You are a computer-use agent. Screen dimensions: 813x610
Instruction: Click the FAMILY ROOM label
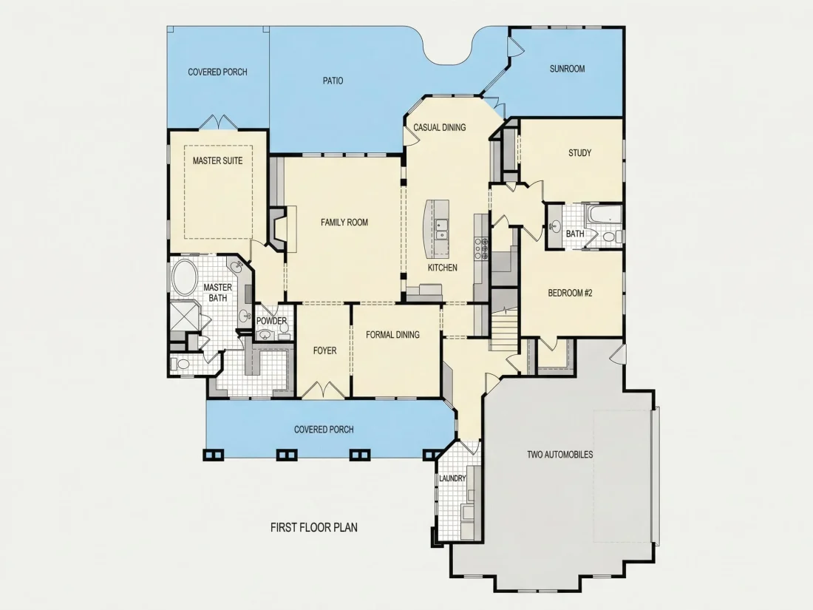pyautogui.click(x=344, y=223)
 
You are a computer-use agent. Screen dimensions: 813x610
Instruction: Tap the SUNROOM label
pyautogui.click(x=567, y=69)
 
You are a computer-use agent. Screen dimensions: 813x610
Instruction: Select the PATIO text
pyautogui.click(x=333, y=81)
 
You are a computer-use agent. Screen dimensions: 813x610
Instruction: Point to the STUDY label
pyautogui.click(x=579, y=153)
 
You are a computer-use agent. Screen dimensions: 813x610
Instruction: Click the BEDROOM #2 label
pyautogui.click(x=570, y=293)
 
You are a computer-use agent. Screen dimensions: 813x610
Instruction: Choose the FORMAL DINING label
pyautogui.click(x=392, y=335)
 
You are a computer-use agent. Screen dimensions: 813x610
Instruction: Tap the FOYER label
pyautogui.click(x=325, y=350)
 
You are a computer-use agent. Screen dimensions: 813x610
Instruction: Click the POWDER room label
pyautogui.click(x=272, y=321)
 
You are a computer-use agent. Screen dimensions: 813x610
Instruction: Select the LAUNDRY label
pyautogui.click(x=452, y=478)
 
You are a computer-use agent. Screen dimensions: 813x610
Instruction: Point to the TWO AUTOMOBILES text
pyautogui.click(x=560, y=455)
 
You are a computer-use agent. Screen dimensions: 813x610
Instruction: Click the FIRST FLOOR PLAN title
pyautogui.click(x=314, y=527)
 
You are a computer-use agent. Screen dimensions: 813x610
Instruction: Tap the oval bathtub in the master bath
pyautogui.click(x=184, y=278)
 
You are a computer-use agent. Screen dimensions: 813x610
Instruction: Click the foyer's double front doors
pyautogui.click(x=324, y=390)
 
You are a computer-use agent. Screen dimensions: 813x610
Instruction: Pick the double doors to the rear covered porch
pyautogui.click(x=218, y=122)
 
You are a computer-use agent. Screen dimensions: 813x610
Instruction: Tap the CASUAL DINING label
pyautogui.click(x=440, y=128)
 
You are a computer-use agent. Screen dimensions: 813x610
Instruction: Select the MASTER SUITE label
pyautogui.click(x=218, y=160)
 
